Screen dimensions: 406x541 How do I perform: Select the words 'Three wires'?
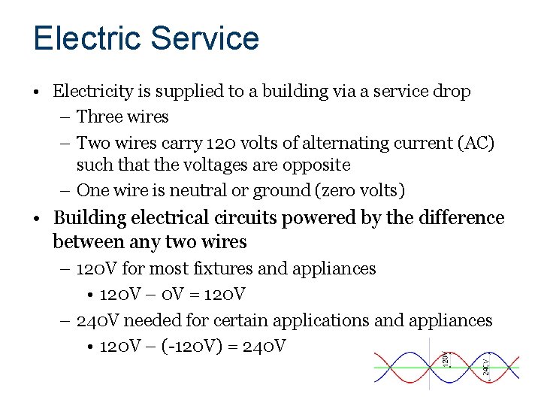pos(122,117)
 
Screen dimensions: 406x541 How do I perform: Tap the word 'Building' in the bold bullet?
pos(89,218)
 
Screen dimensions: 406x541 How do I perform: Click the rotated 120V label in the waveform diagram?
pos(446,359)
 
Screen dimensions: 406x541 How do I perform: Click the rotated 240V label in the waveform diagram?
pos(486,366)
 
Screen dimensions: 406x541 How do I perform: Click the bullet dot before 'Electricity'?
pos(37,92)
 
